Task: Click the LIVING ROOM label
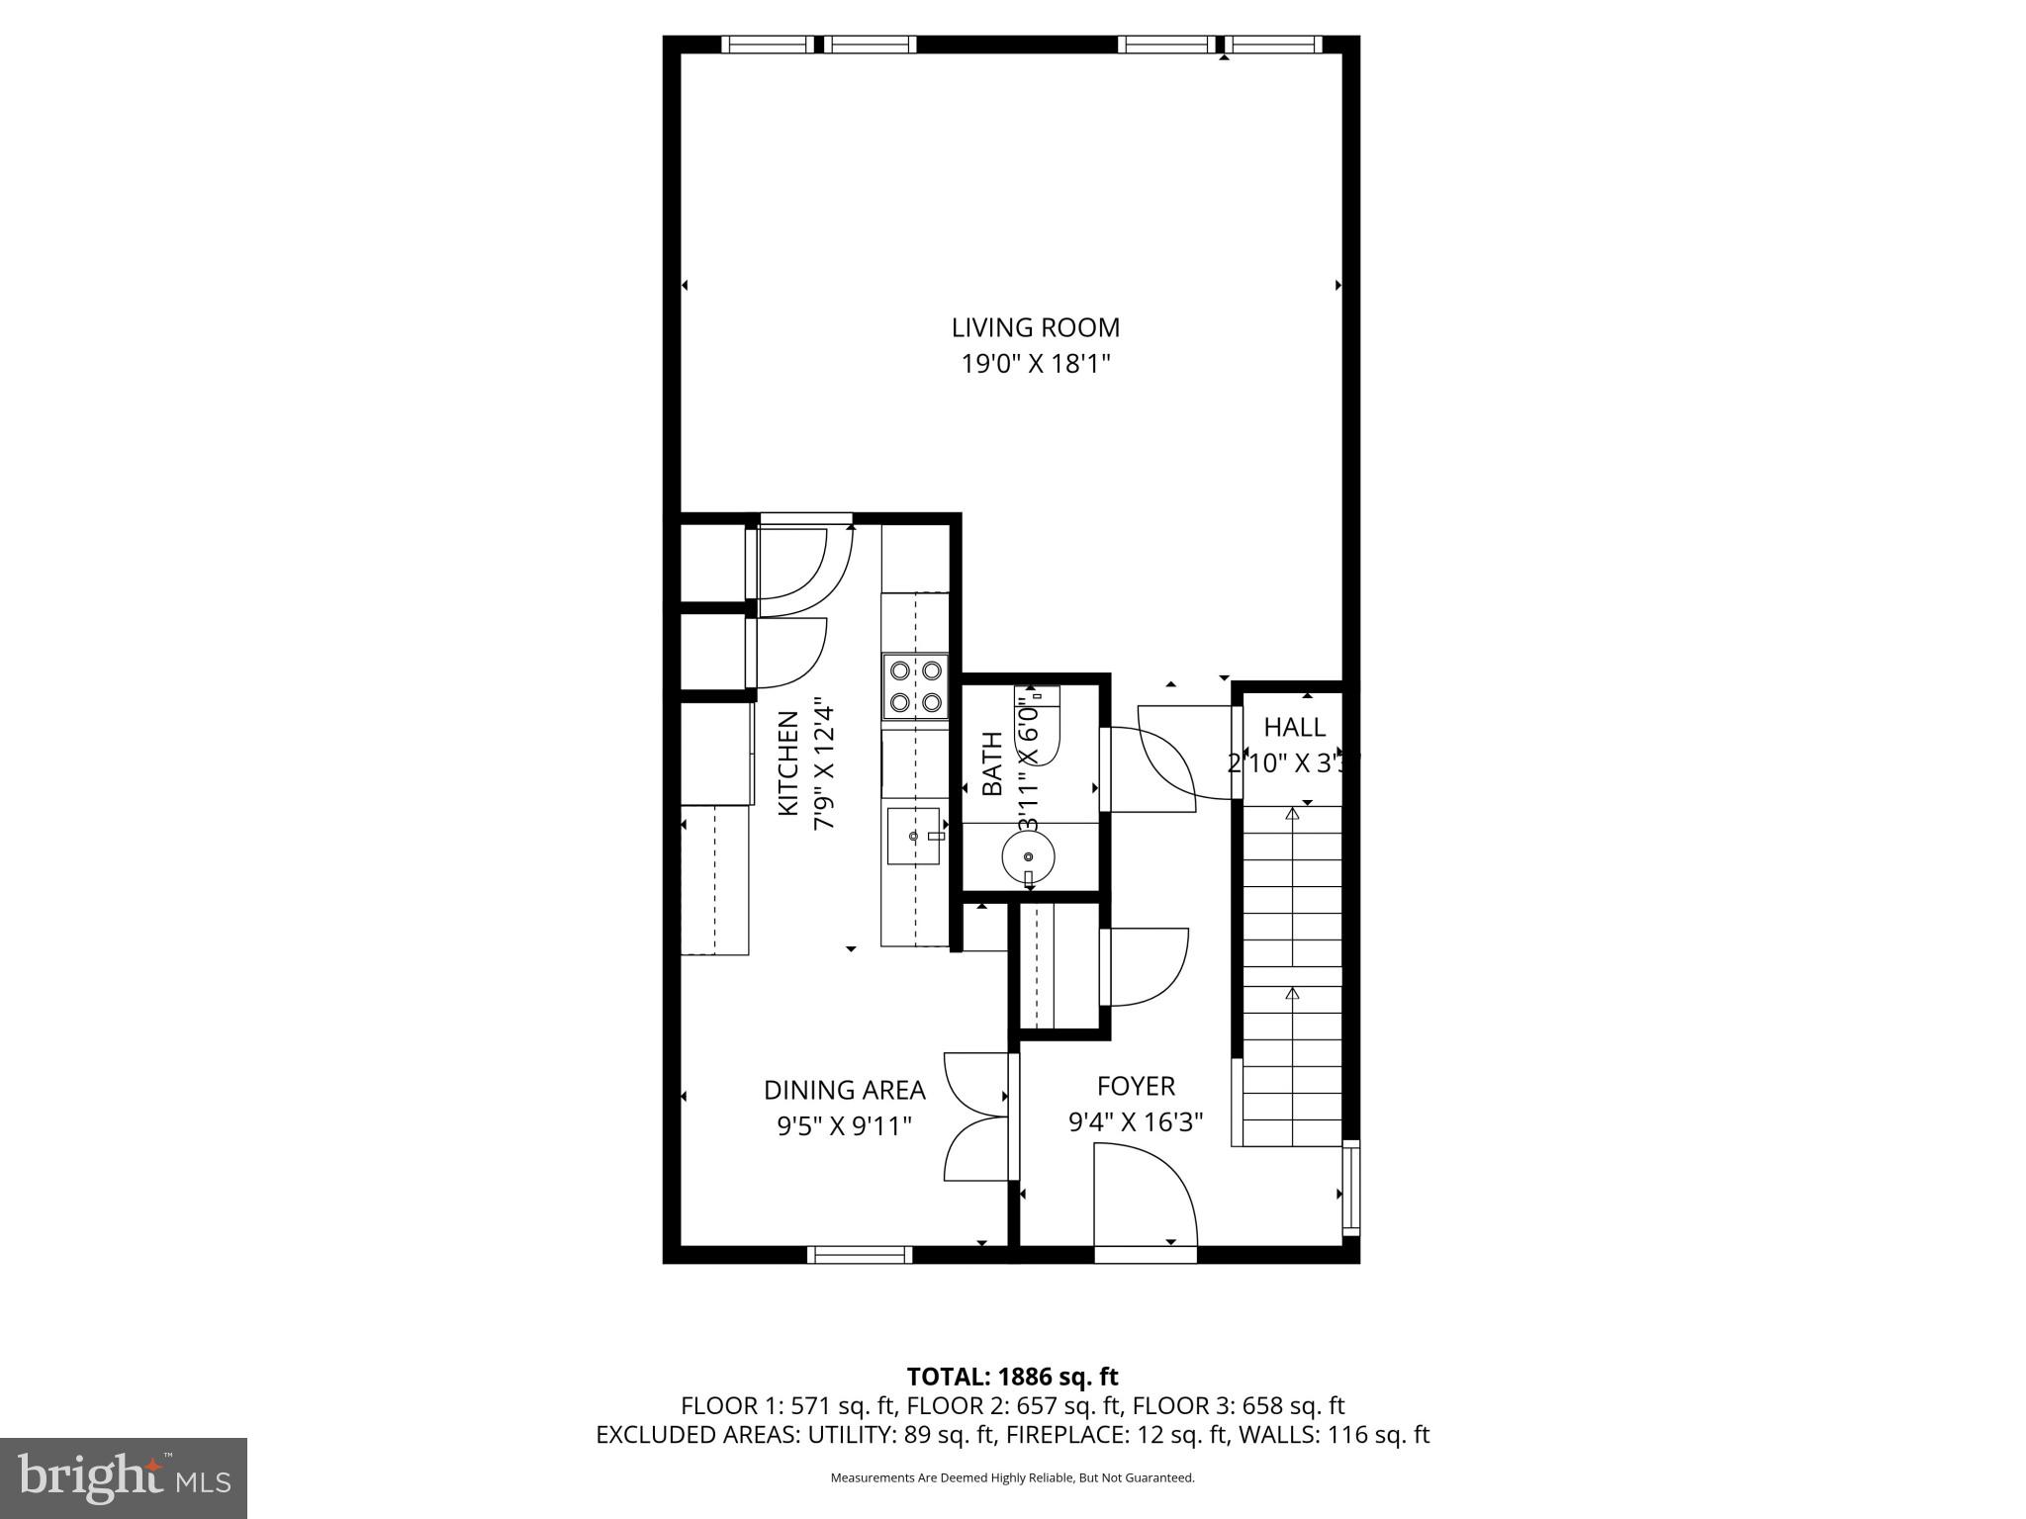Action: [1035, 327]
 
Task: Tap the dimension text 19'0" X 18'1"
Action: [1035, 365]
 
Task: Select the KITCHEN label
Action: [788, 763]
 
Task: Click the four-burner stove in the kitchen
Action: [915, 685]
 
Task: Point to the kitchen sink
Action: [912, 836]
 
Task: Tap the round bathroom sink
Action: [1028, 856]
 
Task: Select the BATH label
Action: [992, 763]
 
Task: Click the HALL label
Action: [1294, 728]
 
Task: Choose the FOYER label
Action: [1136, 1086]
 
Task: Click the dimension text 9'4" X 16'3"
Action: [1136, 1122]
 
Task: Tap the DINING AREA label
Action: [844, 1090]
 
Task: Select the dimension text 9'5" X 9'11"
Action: [844, 1126]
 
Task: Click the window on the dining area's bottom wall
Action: [859, 1255]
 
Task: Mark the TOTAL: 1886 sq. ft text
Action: [1012, 1377]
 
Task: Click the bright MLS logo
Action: [124, 1477]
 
